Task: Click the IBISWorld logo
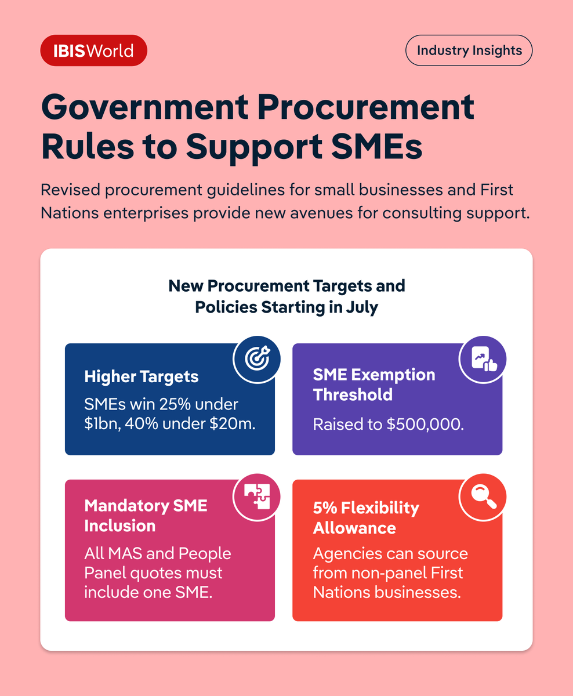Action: (x=93, y=50)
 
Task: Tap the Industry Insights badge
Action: (x=469, y=50)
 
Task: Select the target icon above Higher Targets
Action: (x=256, y=359)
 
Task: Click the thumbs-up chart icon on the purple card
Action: (x=483, y=359)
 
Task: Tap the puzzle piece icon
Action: (x=256, y=497)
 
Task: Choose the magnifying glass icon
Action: (x=483, y=497)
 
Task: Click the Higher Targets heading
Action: (x=142, y=377)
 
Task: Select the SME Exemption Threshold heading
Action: (x=374, y=385)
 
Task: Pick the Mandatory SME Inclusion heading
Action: (x=146, y=516)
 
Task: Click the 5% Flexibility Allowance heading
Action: (x=366, y=518)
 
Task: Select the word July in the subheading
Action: (x=361, y=307)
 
